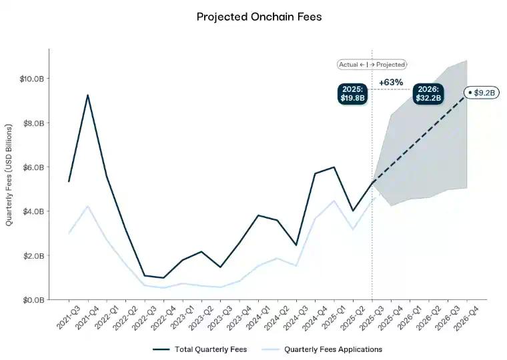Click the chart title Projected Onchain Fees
coord(259,17)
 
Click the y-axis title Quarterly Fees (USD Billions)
coord(9,175)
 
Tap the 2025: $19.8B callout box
coord(352,93)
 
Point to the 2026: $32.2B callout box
coord(428,93)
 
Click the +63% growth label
coord(391,82)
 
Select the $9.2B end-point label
coord(482,93)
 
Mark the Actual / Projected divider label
coord(372,65)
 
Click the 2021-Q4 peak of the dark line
coord(87,95)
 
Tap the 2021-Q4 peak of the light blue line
coord(87,206)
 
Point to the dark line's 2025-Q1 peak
coord(334,167)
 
